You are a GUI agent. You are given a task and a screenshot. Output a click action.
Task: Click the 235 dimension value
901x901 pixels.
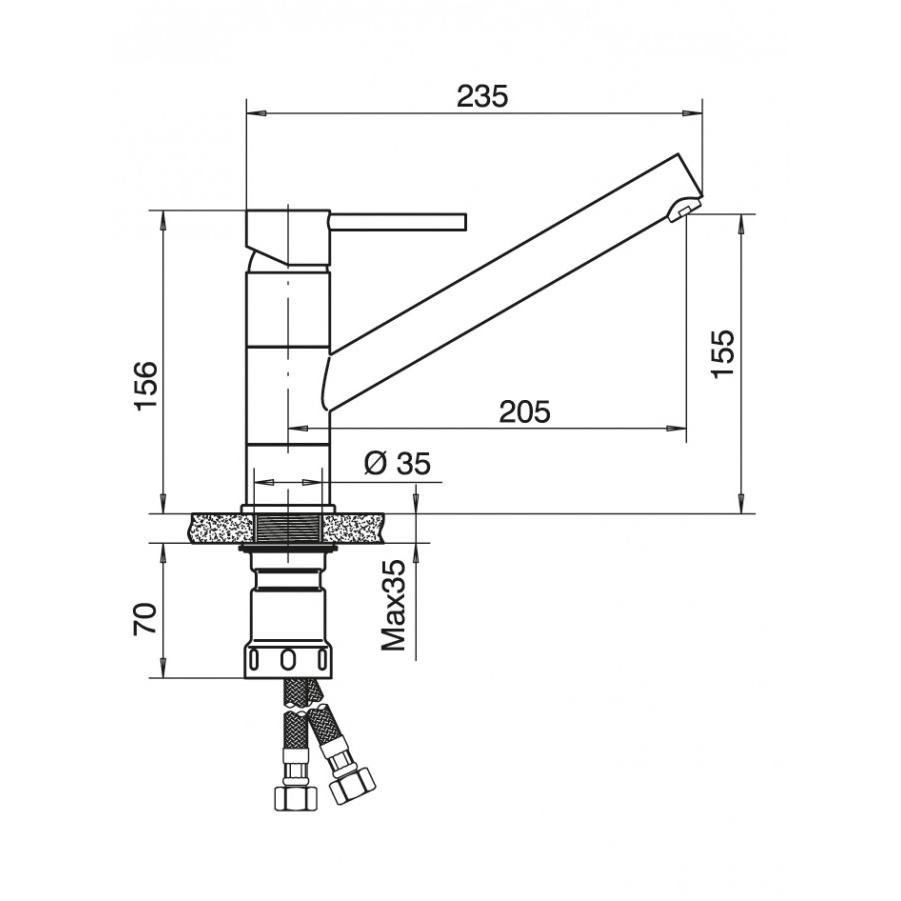pos(483,96)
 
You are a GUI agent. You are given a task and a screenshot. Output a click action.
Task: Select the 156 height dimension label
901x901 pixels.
pos(145,386)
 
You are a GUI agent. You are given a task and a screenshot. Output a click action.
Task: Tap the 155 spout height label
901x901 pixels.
pos(722,353)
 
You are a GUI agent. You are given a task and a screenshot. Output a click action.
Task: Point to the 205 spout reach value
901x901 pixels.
pos(525,411)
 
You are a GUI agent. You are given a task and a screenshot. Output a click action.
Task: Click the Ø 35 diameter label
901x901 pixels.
pos(397,463)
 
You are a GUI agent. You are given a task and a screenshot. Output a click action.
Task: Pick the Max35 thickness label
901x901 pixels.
pos(394,605)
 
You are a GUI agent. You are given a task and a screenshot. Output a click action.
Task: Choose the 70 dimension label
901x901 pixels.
pos(145,618)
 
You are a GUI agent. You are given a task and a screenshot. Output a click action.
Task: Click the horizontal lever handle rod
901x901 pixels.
pos(398,222)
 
